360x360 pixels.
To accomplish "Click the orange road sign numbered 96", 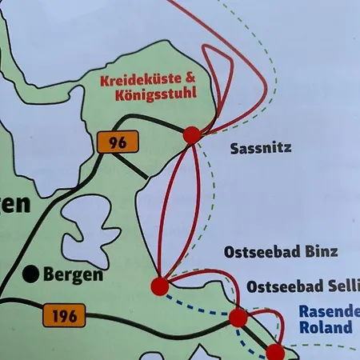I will [x=117, y=142].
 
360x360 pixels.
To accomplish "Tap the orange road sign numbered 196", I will [x=62, y=315].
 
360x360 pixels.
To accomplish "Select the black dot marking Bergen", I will [x=31, y=274].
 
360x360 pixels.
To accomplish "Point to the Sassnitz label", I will [x=260, y=148].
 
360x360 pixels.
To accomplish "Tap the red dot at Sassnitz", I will [x=192, y=135].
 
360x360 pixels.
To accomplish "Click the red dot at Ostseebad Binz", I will [x=159, y=286].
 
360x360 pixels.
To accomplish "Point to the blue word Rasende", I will [x=325, y=313].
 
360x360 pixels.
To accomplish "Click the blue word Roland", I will [x=326, y=328].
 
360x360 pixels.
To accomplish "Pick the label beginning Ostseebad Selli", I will [x=303, y=286].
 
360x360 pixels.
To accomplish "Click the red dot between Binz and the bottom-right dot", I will [x=238, y=318].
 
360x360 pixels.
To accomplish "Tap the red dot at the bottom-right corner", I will [x=274, y=351].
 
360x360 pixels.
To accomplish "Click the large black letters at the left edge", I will [x=14, y=206].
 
